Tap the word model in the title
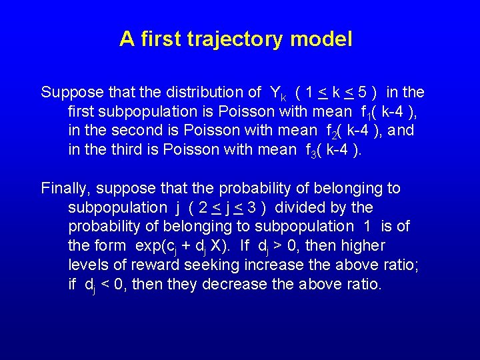point(321,39)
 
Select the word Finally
point(63,188)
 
